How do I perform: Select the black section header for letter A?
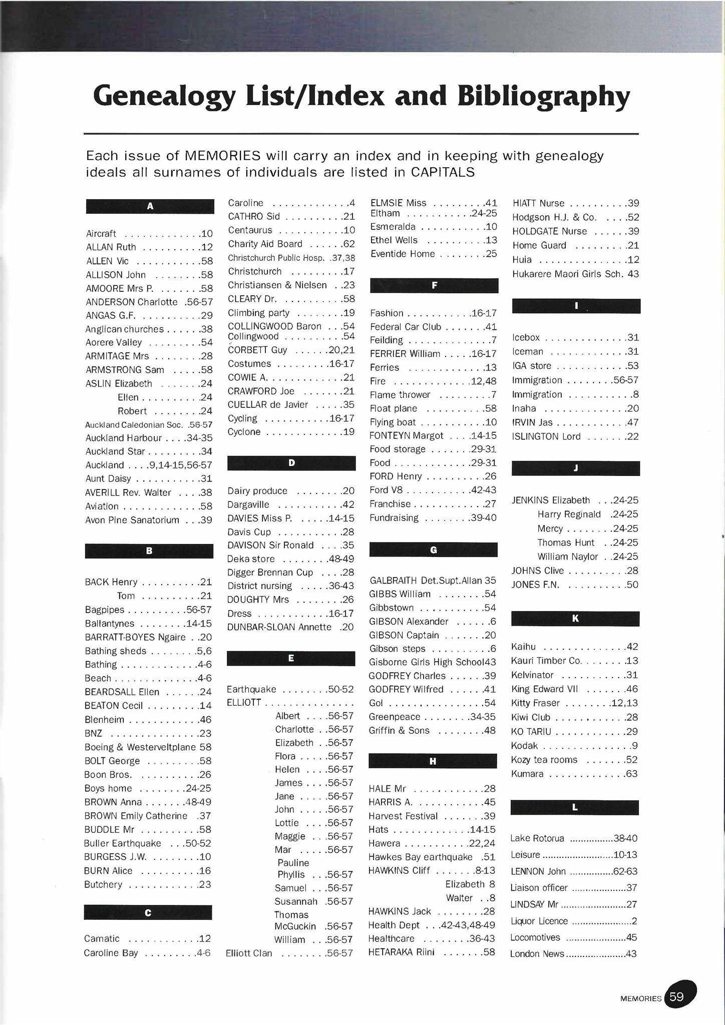150,206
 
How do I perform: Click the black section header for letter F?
434,285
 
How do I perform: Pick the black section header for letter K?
575,619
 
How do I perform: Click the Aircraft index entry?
101,234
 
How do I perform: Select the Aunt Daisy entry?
108,478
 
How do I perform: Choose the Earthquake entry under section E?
251,689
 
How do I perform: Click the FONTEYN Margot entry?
406,435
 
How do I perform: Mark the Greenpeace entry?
395,717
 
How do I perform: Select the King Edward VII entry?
544,689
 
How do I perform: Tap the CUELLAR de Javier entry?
268,404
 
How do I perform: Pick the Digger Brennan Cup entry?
270,572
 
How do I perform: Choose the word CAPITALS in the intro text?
443,172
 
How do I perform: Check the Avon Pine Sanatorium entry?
132,520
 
